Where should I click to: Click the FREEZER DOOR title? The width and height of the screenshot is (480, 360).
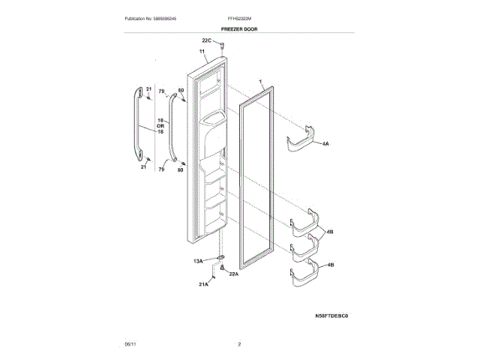click(x=239, y=29)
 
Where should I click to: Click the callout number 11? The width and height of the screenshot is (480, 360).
click(x=202, y=52)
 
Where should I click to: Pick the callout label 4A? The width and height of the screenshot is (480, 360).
click(x=325, y=142)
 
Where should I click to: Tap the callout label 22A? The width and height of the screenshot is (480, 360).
click(x=233, y=274)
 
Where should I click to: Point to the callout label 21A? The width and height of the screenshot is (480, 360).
click(x=203, y=285)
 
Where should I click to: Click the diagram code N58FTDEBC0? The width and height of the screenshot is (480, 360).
click(x=332, y=316)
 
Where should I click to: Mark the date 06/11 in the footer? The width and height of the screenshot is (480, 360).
click(x=130, y=344)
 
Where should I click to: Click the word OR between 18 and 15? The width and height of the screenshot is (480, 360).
click(x=160, y=126)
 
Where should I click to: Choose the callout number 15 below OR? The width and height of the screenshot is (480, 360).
click(x=160, y=132)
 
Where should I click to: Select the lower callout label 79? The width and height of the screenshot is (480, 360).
click(x=160, y=170)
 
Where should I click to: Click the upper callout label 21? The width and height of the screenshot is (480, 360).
click(x=148, y=90)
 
